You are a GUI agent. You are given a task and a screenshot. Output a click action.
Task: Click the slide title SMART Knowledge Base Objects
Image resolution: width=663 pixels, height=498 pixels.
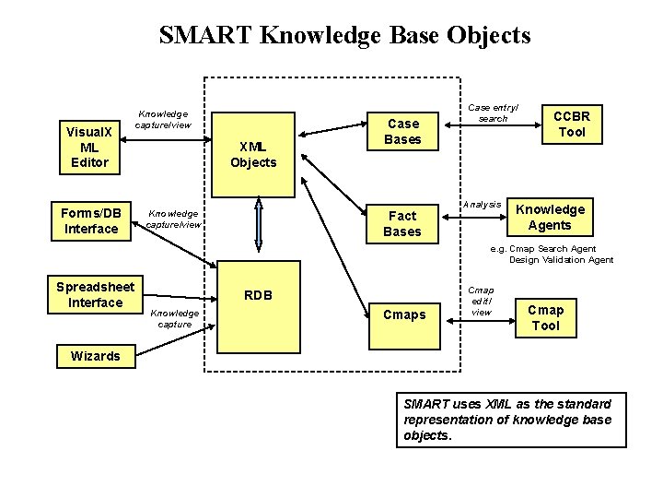click(344, 36)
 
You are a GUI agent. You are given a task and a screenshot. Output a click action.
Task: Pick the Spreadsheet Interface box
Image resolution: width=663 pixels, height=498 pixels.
click(95, 294)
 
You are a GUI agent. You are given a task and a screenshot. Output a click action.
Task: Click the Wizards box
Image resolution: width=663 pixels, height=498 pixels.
click(95, 356)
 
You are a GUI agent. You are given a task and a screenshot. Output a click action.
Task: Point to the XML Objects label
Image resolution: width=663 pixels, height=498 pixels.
click(252, 154)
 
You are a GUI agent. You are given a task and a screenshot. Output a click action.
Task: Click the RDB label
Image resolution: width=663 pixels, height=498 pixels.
click(258, 296)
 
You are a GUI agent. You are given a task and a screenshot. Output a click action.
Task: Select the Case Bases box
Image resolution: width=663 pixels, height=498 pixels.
click(402, 131)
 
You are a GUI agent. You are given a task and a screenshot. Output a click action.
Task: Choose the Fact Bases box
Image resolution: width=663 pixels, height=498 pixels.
click(402, 223)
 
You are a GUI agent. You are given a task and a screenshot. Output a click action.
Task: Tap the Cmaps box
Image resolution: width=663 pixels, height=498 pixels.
click(403, 315)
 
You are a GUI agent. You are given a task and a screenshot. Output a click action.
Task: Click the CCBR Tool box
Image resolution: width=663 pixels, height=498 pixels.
click(572, 123)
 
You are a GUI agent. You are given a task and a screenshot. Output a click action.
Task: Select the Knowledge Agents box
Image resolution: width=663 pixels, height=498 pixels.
click(550, 217)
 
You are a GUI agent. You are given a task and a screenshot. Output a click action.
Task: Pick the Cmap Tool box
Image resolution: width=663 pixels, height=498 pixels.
click(545, 316)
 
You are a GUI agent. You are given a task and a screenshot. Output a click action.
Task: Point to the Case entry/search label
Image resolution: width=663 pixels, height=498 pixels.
click(492, 113)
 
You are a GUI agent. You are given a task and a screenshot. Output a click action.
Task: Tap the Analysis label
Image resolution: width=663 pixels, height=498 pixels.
click(482, 204)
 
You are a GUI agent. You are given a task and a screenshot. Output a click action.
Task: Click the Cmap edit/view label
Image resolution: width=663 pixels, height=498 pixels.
click(481, 301)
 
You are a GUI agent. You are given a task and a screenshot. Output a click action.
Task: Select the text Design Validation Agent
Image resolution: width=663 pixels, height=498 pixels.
click(561, 260)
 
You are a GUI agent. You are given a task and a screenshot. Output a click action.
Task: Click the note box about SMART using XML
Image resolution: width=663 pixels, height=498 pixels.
click(510, 420)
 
